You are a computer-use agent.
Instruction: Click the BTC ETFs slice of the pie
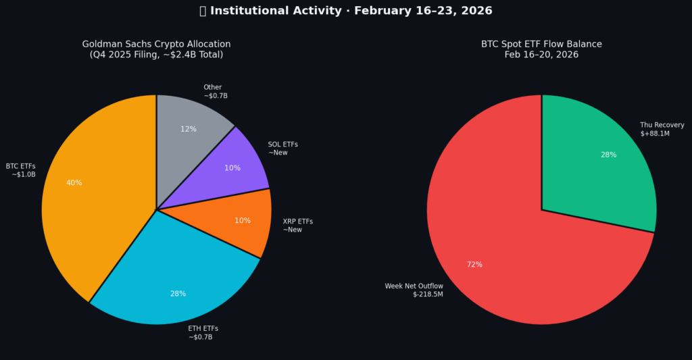[x=95, y=203]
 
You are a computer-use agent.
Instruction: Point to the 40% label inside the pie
[x=74, y=183]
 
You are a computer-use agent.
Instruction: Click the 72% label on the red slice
[x=474, y=264]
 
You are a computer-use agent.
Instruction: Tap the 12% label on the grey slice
[x=189, y=129]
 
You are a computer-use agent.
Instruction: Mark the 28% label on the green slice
[x=608, y=155]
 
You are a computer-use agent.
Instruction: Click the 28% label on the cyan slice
[x=178, y=294]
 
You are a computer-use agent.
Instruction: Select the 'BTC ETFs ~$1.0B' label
[x=21, y=170]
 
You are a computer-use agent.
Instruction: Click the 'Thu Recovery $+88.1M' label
[x=662, y=129]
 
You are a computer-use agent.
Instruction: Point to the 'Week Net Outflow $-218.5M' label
[x=414, y=290]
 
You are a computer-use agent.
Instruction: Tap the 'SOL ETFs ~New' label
[x=282, y=149]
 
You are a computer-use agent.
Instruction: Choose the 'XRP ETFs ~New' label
[x=297, y=226]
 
